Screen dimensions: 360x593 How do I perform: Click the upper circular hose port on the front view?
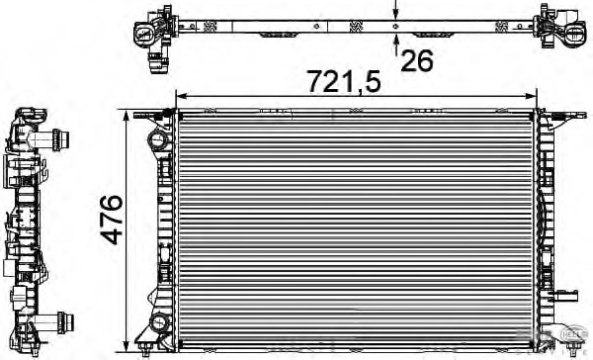click(x=156, y=142)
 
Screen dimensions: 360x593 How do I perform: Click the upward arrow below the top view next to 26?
click(x=396, y=41)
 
